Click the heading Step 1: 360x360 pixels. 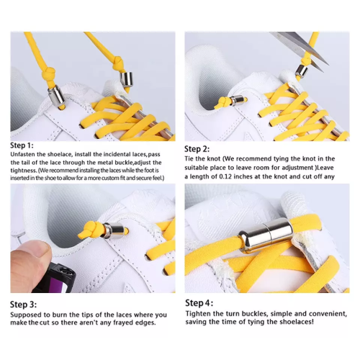pos(22,145)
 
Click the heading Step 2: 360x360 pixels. pos(197,149)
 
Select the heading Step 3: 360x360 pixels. pos(23,305)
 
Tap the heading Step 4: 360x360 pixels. pos(199,303)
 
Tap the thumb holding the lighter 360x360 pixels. pos(30,264)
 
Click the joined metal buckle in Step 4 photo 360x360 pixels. pos(266,236)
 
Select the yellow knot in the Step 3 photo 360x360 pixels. pos(91,230)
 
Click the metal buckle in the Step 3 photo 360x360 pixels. pos(114,230)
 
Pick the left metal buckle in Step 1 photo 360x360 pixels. pos(56,96)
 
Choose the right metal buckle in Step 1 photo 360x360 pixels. pos(127,79)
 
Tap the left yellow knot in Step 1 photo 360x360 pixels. pos(48,72)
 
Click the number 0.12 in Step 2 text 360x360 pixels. pos(225,176)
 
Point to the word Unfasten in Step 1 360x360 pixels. pos(23,154)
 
